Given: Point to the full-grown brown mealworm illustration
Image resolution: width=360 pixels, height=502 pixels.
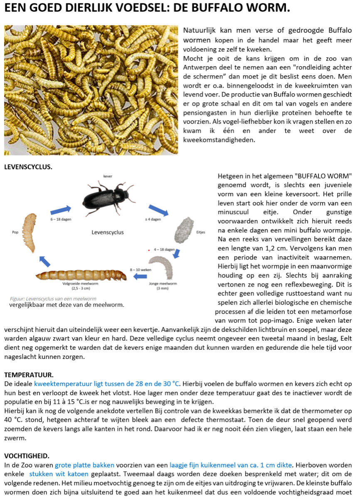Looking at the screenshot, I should coord(81,275).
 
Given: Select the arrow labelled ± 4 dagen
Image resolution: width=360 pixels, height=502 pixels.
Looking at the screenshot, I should coord(158,210).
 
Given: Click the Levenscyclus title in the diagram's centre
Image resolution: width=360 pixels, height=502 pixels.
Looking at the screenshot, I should coord(108,232).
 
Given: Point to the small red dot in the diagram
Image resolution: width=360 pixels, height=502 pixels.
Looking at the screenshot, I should coord(148,250).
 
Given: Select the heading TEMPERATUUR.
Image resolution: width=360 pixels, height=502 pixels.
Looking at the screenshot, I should coord(29,374).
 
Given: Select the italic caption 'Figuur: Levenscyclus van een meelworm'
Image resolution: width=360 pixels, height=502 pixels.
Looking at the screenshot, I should coord(53,299).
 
